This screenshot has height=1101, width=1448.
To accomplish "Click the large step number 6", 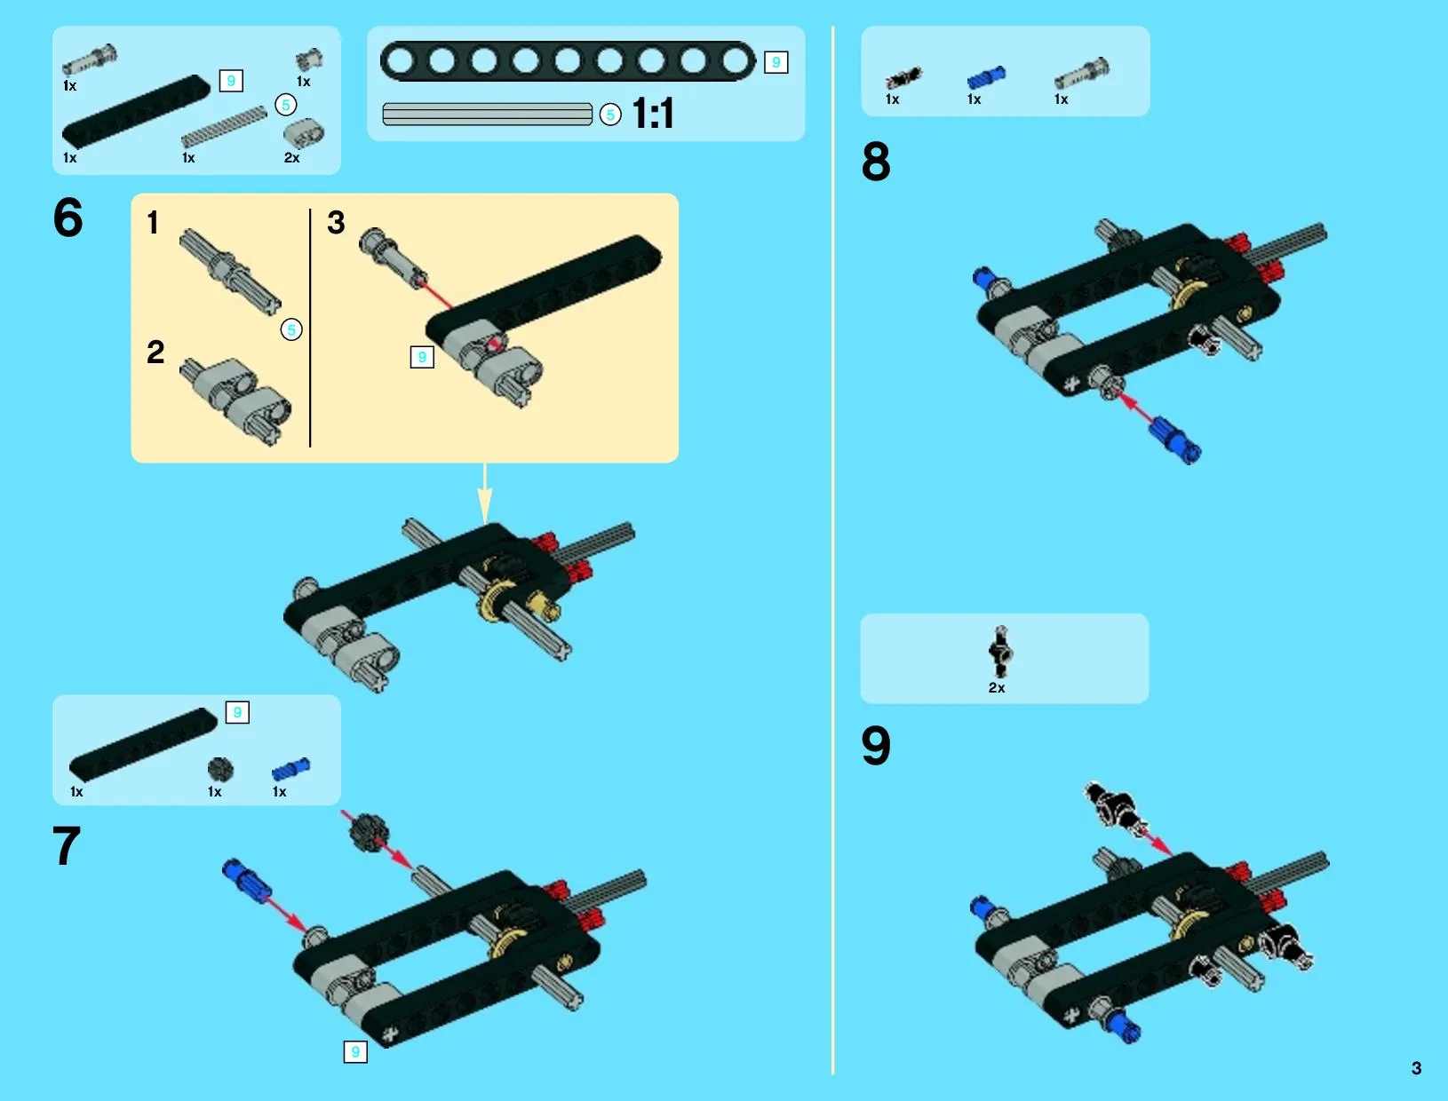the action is pos(68,218).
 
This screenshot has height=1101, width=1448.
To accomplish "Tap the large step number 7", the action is pos(67,845).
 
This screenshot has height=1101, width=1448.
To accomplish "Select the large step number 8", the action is pos(876,162).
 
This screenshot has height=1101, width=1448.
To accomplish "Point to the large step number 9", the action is pos(876,746).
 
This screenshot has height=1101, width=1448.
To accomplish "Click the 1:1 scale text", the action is pos(653,114).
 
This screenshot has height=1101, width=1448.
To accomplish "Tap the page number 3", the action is pos(1416,1068).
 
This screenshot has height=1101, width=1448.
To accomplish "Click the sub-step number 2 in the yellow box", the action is pos(155,352).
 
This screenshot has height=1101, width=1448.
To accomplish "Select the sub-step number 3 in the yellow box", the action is pos(336,222).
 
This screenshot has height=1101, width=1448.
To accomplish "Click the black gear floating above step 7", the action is pos(368,831).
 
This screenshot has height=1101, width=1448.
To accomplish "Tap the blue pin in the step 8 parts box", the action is pos(986,78).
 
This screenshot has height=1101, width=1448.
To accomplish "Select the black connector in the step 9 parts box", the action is pos(1001,652).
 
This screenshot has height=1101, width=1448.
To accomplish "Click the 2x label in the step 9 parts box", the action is pos(996,687).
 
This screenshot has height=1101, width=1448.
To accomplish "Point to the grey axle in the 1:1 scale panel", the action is pos(488,114).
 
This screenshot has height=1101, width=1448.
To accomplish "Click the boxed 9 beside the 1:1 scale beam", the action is pos(776,62).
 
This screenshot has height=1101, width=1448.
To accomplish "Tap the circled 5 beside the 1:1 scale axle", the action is pos(610,115).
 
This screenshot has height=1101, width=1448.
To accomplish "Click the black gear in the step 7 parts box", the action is pos(220,770).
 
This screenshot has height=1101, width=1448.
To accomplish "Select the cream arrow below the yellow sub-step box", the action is pos(485,494).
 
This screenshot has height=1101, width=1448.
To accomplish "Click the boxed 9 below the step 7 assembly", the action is pos(355,1051).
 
